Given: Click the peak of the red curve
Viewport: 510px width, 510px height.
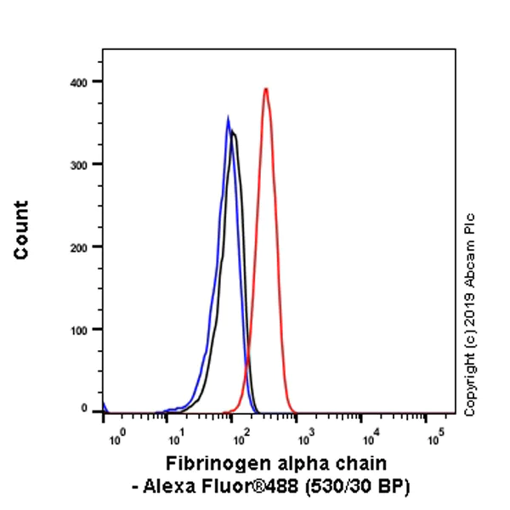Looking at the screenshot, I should pyautogui.click(x=266, y=88).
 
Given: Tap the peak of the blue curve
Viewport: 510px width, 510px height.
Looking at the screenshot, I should pyautogui.click(x=228, y=118).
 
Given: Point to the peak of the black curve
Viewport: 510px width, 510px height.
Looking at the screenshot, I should pyautogui.click(x=233, y=132).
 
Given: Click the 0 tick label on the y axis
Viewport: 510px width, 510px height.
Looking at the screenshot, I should pyautogui.click(x=85, y=409).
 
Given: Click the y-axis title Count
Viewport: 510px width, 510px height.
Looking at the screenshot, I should pyautogui.click(x=21, y=230).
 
